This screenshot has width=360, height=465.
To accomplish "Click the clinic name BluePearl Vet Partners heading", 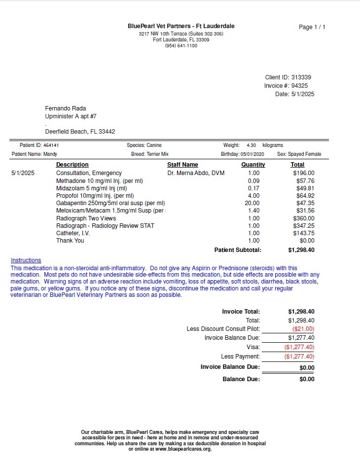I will pyautogui.click(x=181, y=26).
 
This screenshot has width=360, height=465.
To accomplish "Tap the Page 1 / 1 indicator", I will pyautogui.click(x=312, y=27).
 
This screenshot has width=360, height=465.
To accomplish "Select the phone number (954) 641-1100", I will pyautogui.click(x=181, y=46).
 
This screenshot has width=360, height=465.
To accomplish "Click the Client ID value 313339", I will pyautogui.click(x=301, y=77).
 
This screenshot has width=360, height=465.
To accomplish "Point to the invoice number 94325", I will pyautogui.click(x=300, y=86).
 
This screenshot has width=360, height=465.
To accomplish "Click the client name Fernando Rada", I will pyautogui.click(x=66, y=108).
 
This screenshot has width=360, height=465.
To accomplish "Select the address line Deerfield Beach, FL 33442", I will pyautogui.click(x=80, y=132).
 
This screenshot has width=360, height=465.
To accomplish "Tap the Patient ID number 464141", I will pyautogui.click(x=51, y=145).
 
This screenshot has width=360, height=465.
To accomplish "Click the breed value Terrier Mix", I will pyautogui.click(x=157, y=154).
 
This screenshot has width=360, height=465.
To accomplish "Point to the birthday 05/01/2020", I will pyautogui.click(x=252, y=154).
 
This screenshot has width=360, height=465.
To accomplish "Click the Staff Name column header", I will pyautogui.click(x=182, y=165).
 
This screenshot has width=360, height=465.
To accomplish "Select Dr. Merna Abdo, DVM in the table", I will pyautogui.click(x=196, y=173).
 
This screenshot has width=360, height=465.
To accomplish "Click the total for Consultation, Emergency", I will pyautogui.click(x=303, y=173).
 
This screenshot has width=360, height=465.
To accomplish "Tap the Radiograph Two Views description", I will pyautogui.click(x=86, y=218).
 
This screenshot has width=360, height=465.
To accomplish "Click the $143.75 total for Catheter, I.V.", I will pyautogui.click(x=303, y=233).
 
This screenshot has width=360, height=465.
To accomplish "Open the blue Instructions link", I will pyautogui.click(x=26, y=260).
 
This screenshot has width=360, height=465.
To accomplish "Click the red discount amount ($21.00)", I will pyautogui.click(x=303, y=328).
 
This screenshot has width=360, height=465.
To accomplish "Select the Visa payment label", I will pyautogui.click(x=253, y=347).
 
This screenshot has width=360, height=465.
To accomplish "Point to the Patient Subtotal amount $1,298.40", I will pyautogui.click(x=301, y=250).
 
